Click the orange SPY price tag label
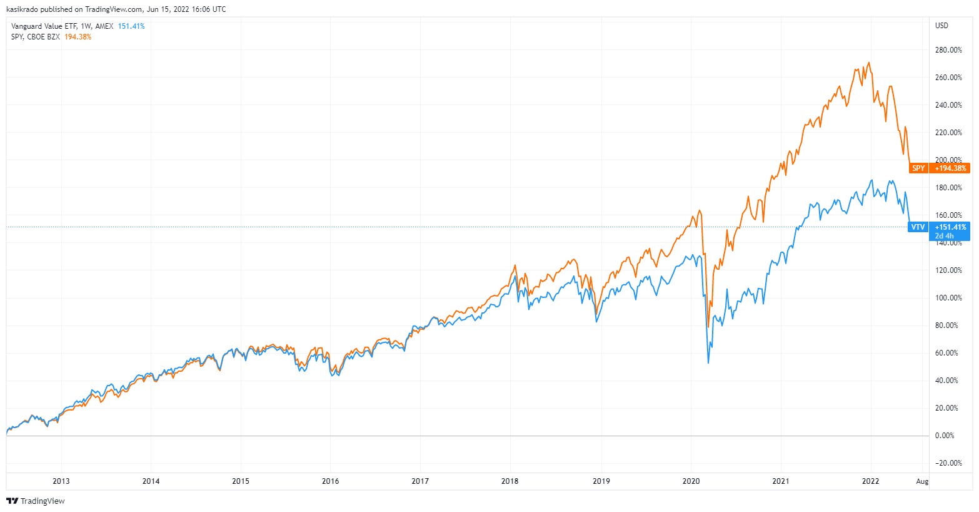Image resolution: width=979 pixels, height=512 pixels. coord(918,168)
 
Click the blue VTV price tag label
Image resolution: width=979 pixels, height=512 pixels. coord(918,227)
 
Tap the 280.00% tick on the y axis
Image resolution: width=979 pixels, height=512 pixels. coord(948,50)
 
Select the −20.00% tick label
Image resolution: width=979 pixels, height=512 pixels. coord(947,463)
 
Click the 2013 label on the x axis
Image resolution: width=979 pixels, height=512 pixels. coord(61,481)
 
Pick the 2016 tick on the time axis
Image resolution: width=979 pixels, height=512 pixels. coord(331,481)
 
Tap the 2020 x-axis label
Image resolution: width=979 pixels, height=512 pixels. coord(691,481)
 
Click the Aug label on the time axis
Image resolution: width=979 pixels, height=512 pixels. coord(922,481)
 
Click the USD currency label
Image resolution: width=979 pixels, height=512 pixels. coord(941,26)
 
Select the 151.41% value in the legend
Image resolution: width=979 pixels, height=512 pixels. coord(131,26)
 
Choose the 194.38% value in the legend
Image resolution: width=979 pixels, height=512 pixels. coord(78,37)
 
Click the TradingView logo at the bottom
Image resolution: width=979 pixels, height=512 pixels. coord(36,501)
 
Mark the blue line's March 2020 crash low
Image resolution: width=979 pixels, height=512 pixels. coord(708,362)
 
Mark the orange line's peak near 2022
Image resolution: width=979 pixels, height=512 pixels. coord(870,63)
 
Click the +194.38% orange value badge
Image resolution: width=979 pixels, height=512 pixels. coord(950,168)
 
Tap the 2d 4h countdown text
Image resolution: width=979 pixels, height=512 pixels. coord(944,236)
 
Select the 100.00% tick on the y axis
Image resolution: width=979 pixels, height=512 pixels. coord(948,298)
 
